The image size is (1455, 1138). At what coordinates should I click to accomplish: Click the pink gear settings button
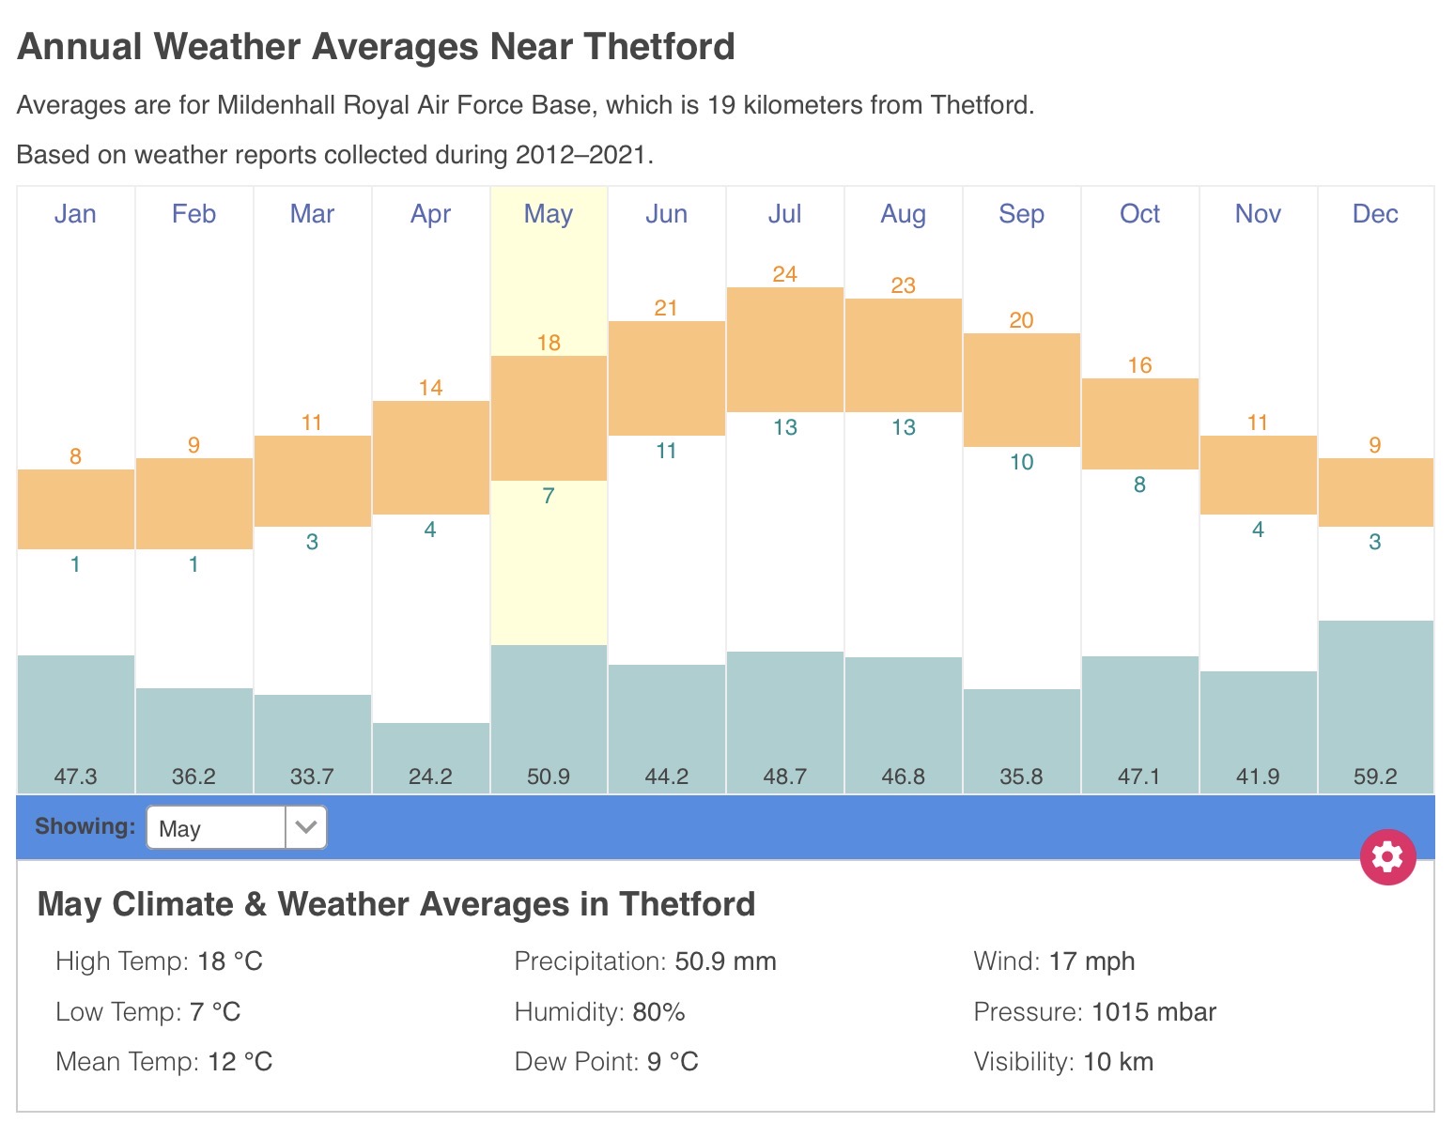point(1387,856)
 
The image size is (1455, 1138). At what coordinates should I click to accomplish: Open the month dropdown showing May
point(237,828)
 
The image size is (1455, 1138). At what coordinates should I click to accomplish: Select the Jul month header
point(784,214)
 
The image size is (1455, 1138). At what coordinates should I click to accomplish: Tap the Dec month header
point(1375,214)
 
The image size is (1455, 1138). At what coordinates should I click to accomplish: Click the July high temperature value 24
point(784,274)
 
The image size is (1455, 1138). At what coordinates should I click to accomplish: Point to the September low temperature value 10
point(1021,462)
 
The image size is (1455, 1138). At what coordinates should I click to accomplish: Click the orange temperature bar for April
point(431,457)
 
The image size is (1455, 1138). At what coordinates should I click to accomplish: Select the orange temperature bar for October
point(1139,423)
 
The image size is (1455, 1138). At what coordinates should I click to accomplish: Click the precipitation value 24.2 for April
point(431,777)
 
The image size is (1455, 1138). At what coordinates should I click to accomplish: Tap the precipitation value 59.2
point(1375,777)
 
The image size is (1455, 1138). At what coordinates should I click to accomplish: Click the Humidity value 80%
point(658,1012)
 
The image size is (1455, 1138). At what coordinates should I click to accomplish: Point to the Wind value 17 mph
point(1091,961)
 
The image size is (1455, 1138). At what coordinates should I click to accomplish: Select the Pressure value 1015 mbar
point(1153,1012)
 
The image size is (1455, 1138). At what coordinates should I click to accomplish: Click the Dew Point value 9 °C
point(673,1062)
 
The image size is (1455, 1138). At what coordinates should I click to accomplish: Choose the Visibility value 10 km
point(1118,1062)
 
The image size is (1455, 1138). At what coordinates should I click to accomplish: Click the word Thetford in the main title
point(658,47)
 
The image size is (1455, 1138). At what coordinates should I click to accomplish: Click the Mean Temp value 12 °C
point(240,1062)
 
